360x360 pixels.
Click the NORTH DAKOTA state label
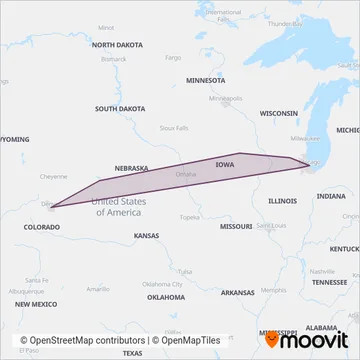pyautogui.click(x=118, y=46)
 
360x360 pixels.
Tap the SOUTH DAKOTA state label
pyautogui.click(x=120, y=108)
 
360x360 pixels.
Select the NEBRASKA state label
pyautogui.click(x=131, y=168)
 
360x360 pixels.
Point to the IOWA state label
pyautogui.click(x=225, y=163)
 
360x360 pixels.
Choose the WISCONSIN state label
pyautogui.click(x=279, y=114)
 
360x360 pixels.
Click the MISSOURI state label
pyautogui.click(x=236, y=227)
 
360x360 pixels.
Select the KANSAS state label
pyautogui.click(x=146, y=235)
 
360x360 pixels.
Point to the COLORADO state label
pyautogui.click(x=41, y=227)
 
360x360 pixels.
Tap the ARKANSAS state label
pyautogui.click(x=238, y=292)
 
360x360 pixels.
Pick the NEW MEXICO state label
pyautogui.click(x=36, y=302)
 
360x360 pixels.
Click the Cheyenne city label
pyautogui.click(x=52, y=176)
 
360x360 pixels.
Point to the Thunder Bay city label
pyautogui.click(x=286, y=22)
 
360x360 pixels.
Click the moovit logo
pyautogui.click(x=306, y=340)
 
